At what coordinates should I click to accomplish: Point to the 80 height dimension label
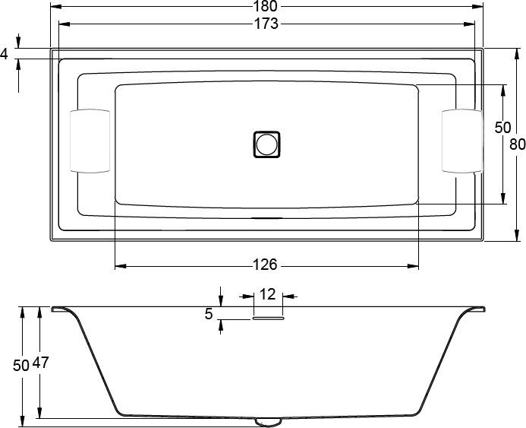coord(517,144)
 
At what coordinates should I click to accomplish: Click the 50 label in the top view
coord(502,128)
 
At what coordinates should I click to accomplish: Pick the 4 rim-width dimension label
coord(5,54)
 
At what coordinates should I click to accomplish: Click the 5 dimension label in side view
coord(209,312)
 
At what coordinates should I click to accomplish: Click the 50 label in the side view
coord(20,365)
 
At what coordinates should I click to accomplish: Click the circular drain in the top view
coord(266,143)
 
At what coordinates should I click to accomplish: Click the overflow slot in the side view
coord(268,319)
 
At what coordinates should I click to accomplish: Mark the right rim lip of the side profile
coord(477,309)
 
